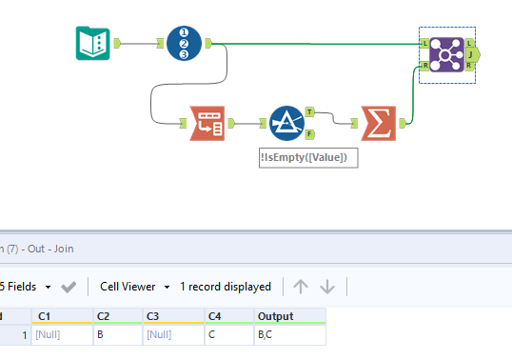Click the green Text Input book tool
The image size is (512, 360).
[x=93, y=43]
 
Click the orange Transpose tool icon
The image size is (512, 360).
[x=207, y=122]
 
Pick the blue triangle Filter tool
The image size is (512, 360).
[x=286, y=122]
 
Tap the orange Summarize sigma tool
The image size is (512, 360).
[x=377, y=122]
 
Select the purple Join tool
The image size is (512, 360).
[x=445, y=54]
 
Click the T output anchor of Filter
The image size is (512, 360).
[x=310, y=111]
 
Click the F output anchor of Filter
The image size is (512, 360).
[x=310, y=133]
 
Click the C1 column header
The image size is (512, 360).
[x=60, y=316]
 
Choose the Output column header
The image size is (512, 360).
[x=288, y=316]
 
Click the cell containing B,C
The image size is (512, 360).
[x=288, y=335]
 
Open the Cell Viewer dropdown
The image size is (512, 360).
[x=134, y=287]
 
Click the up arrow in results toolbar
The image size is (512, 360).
[x=301, y=287]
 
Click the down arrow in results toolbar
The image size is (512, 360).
[x=327, y=287]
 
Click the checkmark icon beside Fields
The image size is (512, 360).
[x=69, y=287]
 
